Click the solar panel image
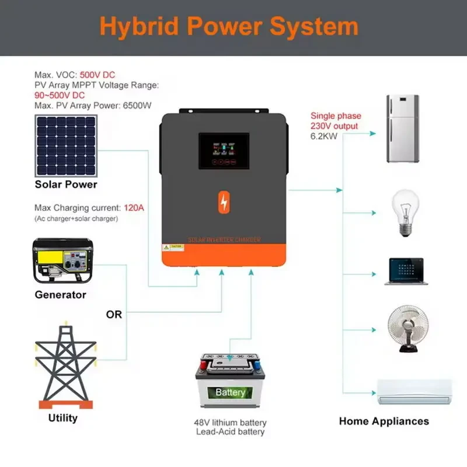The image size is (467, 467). point(66,146)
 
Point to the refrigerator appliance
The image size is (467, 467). point(402,128)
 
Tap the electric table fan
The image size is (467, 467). point(408,328)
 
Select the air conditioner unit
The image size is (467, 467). point(414,392)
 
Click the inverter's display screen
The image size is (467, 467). point(224,151)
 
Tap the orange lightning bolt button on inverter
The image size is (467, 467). point(224,202)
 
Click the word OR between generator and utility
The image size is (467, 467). point(114,315)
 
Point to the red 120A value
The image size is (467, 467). point(134,208)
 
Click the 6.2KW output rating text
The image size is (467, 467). point(324,135)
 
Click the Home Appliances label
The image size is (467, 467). point(384,421)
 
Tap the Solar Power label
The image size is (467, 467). point(66,184)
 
